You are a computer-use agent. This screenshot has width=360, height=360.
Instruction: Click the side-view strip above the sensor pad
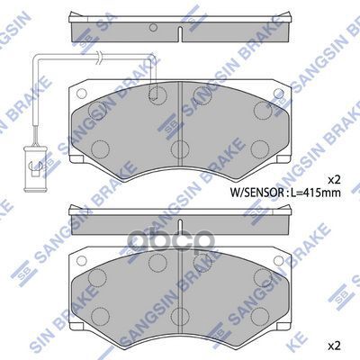179,29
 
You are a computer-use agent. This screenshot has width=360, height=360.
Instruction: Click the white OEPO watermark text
180,241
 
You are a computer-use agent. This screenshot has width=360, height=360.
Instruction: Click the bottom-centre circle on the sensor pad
180,148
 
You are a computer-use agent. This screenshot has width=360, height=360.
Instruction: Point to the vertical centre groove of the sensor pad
181,108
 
